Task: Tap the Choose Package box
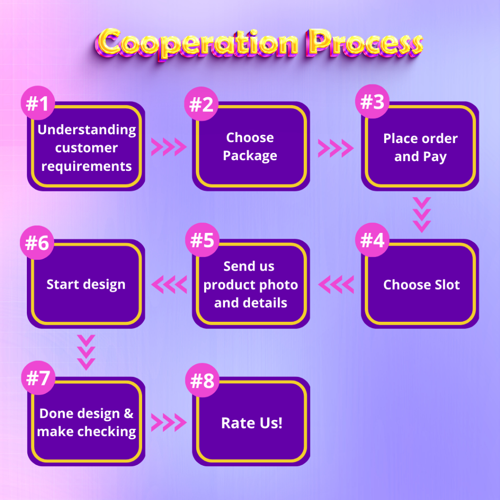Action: pos(250,146)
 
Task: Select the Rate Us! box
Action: pos(251,423)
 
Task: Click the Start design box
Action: pos(86,284)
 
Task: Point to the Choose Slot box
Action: pos(421,285)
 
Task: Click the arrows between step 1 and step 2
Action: pos(168,146)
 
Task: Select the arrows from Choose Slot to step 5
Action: pos(336,284)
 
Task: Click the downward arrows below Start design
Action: pos(86,352)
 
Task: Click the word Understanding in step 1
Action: pos(86,130)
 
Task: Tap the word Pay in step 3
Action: pos(435,157)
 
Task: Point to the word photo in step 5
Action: pos(278,285)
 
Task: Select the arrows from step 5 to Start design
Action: pos(169,284)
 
